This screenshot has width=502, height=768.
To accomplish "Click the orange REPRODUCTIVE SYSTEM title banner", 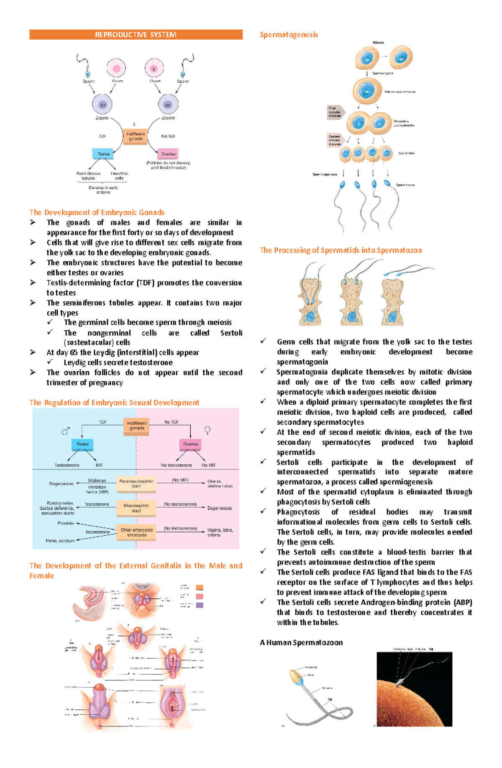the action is (136, 35).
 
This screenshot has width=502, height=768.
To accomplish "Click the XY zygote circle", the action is (102, 105).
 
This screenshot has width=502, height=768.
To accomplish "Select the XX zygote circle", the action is (168, 105).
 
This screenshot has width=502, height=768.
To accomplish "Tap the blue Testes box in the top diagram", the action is (103, 154).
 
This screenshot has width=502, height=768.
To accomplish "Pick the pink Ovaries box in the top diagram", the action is (168, 154).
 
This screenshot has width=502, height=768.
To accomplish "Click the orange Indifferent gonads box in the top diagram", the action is (135, 136).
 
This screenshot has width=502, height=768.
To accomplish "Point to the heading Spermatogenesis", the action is (289, 35).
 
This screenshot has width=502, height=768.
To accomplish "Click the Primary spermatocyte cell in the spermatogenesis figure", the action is (367, 91).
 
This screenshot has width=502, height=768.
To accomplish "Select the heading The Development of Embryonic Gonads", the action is (97, 212).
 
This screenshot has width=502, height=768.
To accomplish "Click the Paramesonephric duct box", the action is (136, 483).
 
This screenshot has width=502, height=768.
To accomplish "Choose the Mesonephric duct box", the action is (136, 508).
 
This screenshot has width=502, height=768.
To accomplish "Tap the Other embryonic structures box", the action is (136, 532).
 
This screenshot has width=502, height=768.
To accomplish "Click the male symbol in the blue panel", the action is (66, 431).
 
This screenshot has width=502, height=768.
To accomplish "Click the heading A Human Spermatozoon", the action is (301, 642).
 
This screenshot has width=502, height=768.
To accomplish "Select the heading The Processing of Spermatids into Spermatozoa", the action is (341, 250).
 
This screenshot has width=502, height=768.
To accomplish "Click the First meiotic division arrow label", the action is (336, 112).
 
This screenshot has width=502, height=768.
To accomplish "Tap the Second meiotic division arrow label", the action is (336, 140).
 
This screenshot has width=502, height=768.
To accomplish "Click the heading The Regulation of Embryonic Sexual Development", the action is (114, 403).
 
